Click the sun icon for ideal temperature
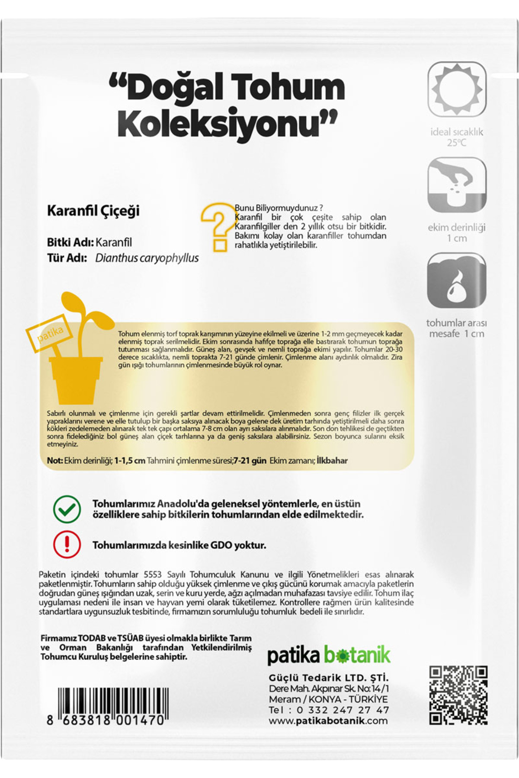pyautogui.click(x=457, y=89)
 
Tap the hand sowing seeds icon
pyautogui.click(x=457, y=185)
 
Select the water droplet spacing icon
pyautogui.click(x=457, y=281)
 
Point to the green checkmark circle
pyautogui.click(x=67, y=509)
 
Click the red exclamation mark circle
pyautogui.click(x=67, y=545)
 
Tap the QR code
pyautogui.click(x=458, y=695)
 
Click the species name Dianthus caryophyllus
pyautogui.click(x=147, y=258)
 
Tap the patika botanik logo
pyautogui.click(x=329, y=656)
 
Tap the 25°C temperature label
pyautogui.click(x=457, y=143)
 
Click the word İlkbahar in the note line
pyautogui.click(x=332, y=460)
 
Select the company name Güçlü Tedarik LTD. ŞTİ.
pyautogui.click(x=329, y=678)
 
